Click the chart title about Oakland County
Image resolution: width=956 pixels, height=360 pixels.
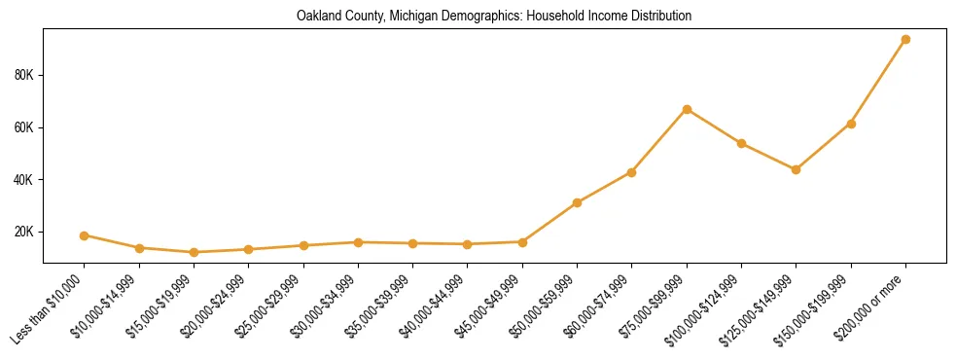pos(494,17)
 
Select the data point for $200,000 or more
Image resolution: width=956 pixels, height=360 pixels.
pos(905,40)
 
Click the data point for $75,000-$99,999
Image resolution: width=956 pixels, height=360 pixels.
pos(687,109)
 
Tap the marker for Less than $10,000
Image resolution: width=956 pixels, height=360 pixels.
pos(85,235)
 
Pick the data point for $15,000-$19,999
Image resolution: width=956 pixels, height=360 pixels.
pos(194,252)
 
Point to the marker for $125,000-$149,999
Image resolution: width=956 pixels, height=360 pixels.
pos(796,169)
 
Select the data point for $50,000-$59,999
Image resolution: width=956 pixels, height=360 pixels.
pos(577,202)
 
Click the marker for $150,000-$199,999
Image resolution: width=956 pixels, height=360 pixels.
pos(851,124)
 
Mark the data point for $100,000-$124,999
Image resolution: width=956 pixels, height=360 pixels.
pos(741,143)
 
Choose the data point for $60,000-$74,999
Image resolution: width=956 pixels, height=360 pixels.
pos(631,172)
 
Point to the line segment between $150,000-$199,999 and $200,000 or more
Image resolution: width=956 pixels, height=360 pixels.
pos(878,82)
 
